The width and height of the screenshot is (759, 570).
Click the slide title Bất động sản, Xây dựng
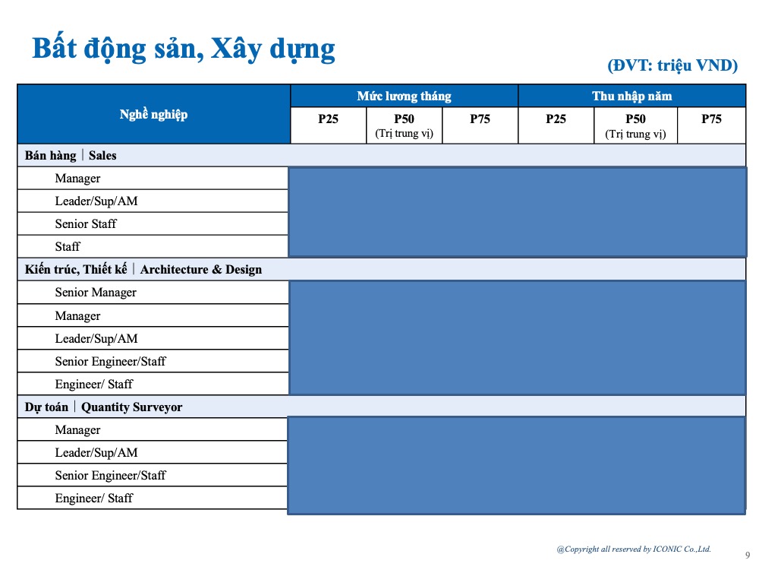click(x=183, y=49)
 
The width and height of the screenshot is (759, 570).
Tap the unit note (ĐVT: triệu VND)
click(x=672, y=66)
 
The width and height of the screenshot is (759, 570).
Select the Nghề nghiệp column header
click(x=153, y=115)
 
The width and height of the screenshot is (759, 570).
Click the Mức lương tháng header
click(x=404, y=96)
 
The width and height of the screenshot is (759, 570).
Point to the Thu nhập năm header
click(x=631, y=96)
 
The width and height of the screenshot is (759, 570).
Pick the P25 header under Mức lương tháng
click(x=328, y=119)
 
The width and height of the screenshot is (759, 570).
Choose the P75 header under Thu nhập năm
click(x=711, y=119)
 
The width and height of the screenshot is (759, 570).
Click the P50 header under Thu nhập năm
click(x=635, y=119)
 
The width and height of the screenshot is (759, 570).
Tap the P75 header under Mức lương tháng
click(x=480, y=119)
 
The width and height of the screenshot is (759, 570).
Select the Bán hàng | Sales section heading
click(x=71, y=156)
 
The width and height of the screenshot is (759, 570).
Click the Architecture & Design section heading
click(x=200, y=270)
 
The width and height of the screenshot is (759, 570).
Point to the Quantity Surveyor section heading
click(x=131, y=407)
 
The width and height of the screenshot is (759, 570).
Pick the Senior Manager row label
click(x=96, y=293)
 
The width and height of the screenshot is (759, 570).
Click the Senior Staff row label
click(x=86, y=224)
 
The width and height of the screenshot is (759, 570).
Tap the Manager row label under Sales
click(x=77, y=179)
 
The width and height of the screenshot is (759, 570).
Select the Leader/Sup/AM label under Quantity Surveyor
click(x=96, y=453)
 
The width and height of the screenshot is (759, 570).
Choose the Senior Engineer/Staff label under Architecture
click(x=110, y=362)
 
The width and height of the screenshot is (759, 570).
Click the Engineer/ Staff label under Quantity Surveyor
click(x=93, y=499)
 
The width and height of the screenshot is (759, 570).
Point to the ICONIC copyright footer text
click(x=633, y=549)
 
